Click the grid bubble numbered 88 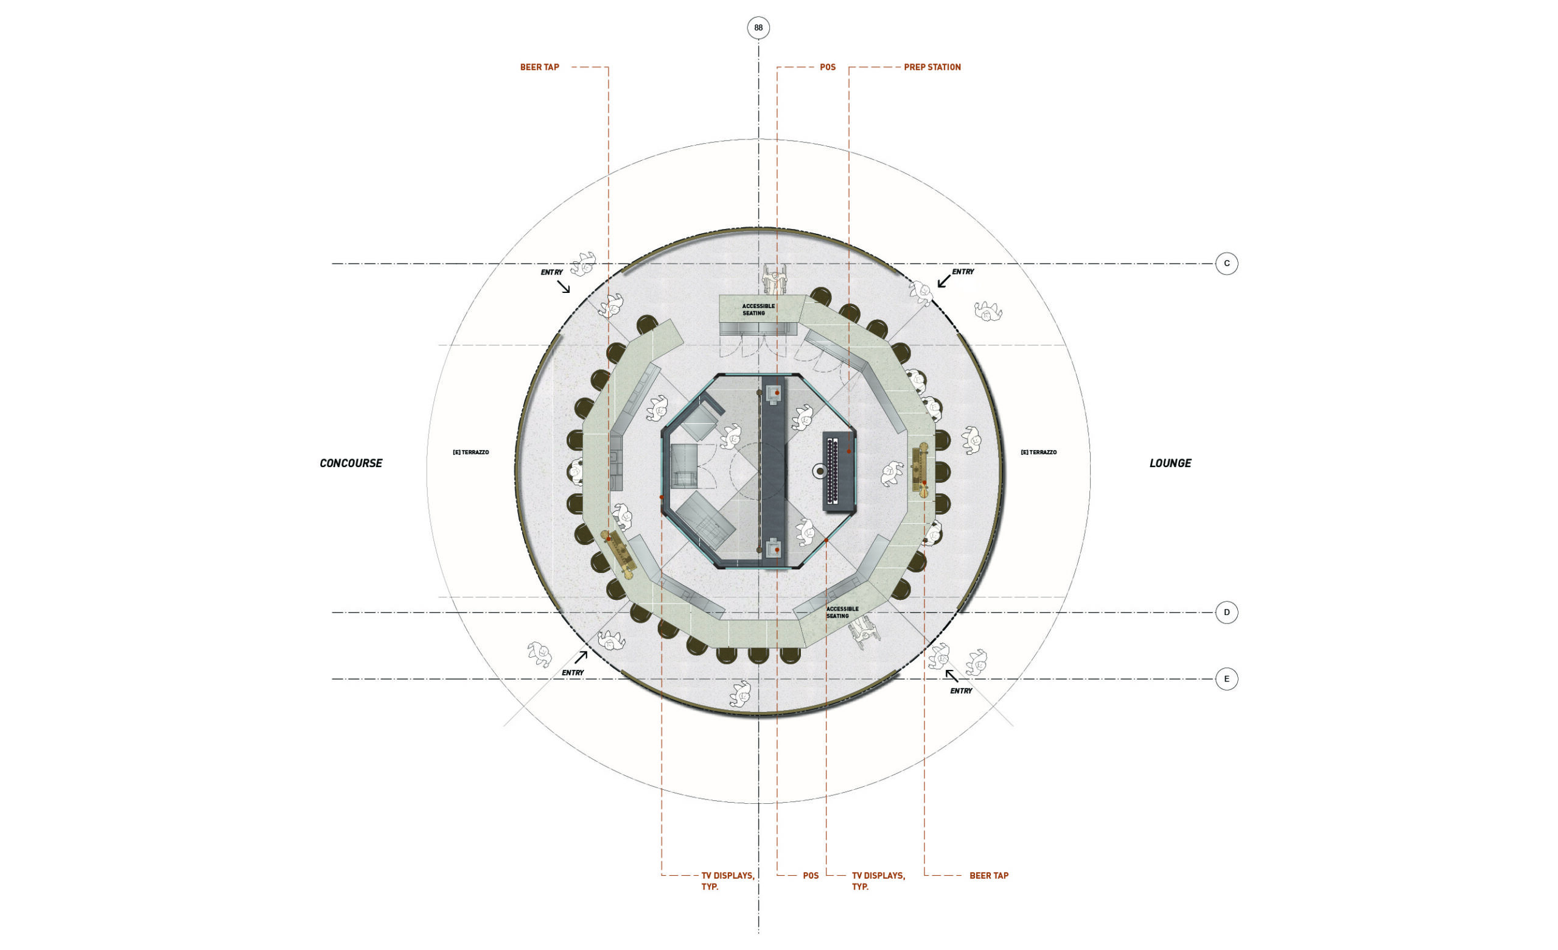pos(758,28)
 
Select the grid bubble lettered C pos(1227,264)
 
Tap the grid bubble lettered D pos(1227,612)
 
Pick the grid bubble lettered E pos(1227,679)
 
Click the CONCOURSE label pos(351,463)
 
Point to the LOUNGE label pos(1170,463)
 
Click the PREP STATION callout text pos(932,67)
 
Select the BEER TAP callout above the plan pos(539,67)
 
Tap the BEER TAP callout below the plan pos(989,875)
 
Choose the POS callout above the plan pos(828,67)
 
